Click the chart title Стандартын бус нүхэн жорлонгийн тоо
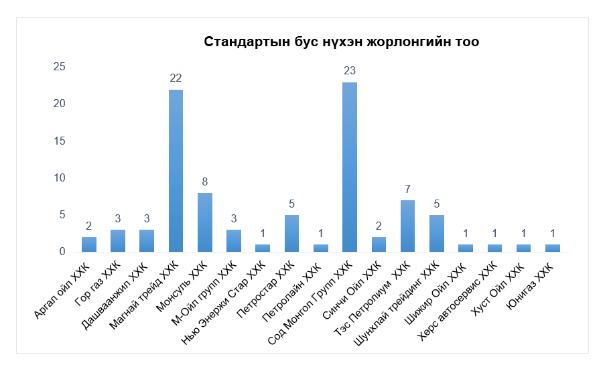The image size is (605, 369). coord(341,42)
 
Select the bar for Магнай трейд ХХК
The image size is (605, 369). coord(176,171)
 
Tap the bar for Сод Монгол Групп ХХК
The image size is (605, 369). coord(350,167)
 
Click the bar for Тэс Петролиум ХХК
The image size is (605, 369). coord(407,226)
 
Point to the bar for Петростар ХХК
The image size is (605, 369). coord(292,233)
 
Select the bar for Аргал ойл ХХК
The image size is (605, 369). coord(89,244)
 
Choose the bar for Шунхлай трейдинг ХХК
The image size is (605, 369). coord(436,233)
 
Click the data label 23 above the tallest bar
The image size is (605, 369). coord(349,70)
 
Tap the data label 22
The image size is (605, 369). coord(176,78)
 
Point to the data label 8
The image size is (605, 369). coord(205,181)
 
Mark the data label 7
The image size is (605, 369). coord(407,188)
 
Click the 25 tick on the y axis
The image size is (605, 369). coord(60,67)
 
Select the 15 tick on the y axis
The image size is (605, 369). coord(60,141)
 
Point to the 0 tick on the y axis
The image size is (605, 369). coord(62,251)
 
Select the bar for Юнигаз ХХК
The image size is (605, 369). coord(552,248)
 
